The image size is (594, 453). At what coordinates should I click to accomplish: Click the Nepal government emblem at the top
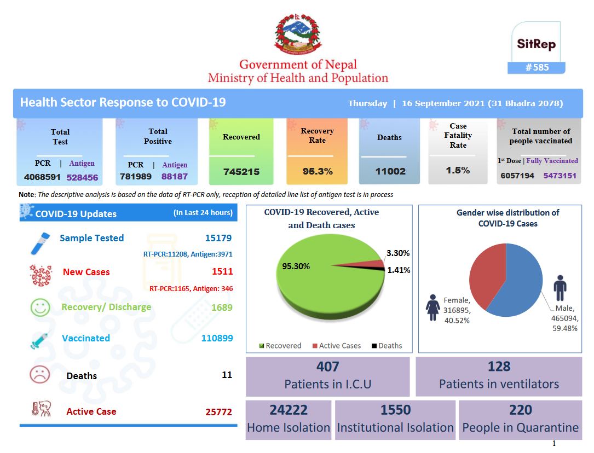coord(298,34)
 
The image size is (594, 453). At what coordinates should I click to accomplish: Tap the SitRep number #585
coord(537,67)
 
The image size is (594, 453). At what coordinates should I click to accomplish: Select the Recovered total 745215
coord(241,172)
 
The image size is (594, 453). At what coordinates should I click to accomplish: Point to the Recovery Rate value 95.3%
coord(318,171)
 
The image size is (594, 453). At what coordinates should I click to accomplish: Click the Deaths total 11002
coord(390,171)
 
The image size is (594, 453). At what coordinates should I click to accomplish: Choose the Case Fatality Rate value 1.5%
coord(458,170)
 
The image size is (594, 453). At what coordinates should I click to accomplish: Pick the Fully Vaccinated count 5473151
coord(560,176)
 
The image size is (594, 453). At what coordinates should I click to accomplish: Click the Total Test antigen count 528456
coord(82,177)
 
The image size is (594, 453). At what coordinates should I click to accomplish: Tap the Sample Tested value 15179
coord(218,238)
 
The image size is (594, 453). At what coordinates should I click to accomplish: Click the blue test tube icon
coord(40,243)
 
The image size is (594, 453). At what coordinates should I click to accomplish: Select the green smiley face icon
coord(40,307)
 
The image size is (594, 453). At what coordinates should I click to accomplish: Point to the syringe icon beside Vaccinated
coord(40,340)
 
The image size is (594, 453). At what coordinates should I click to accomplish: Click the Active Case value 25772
coord(218,412)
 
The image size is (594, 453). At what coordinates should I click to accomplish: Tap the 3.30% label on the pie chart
coord(398,253)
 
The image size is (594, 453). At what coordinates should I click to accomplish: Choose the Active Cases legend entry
coord(336,346)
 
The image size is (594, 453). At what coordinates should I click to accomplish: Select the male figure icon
coord(560,288)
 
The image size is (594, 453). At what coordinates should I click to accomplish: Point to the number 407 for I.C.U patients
coord(328,367)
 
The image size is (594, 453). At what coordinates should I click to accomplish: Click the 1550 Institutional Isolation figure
coord(395,410)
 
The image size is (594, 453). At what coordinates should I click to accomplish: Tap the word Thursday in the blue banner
coord(367,103)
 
